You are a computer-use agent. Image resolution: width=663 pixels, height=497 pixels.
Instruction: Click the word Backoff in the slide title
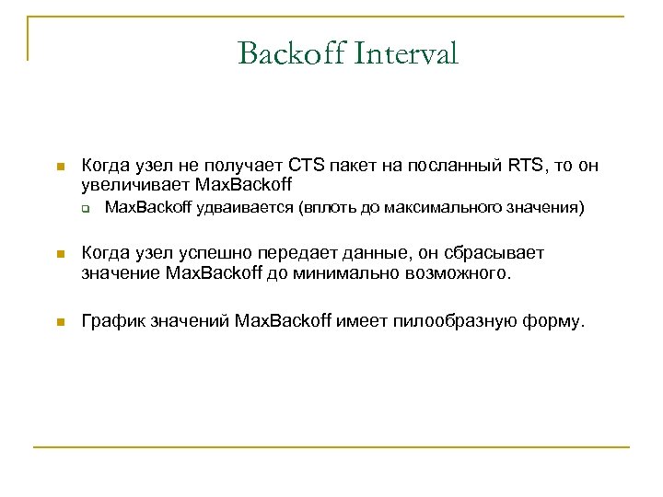click(x=288, y=53)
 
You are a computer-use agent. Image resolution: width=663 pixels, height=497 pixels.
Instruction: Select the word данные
click(x=378, y=253)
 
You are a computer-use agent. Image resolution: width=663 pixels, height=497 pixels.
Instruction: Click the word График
click(x=112, y=320)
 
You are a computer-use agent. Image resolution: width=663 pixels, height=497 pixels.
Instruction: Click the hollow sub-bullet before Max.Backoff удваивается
click(x=84, y=208)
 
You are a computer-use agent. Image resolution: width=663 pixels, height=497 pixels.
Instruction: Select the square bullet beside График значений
click(x=58, y=321)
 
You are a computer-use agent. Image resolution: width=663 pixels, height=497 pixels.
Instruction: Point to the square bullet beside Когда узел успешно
click(x=58, y=254)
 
